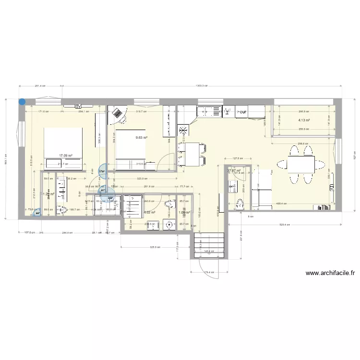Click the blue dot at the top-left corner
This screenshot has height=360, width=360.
coord(22,101)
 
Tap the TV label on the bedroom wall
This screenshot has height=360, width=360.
coord(77,106)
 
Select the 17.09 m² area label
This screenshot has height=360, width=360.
coord(65,156)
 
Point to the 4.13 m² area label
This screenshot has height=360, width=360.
coord(303,120)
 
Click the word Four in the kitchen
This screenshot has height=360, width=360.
coord(241,112)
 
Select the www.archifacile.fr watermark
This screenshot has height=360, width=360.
coord(330,273)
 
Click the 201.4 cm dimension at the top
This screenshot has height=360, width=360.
coord(40,86)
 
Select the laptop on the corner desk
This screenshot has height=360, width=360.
coord(117,114)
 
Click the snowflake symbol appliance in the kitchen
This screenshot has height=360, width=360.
coord(183,130)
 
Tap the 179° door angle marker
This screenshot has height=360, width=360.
coord(102,171)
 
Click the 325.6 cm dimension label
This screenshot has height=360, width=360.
coord(154,247)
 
